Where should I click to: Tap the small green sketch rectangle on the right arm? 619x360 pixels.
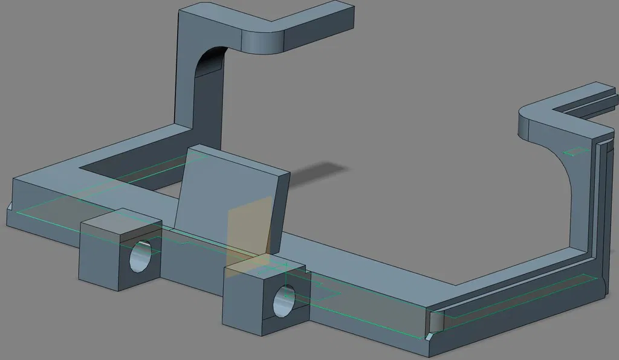click(575, 151)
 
